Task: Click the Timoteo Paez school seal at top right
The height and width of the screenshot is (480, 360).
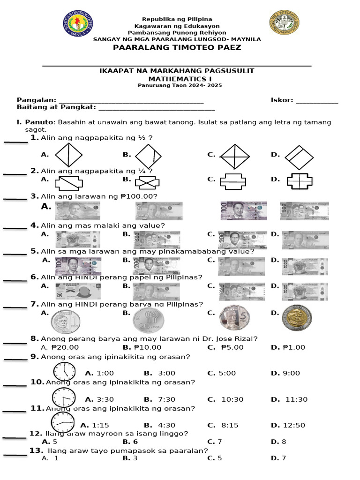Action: pyautogui.click(x=284, y=22)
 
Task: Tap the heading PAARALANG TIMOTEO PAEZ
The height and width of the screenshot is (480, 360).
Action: pyautogui.click(x=177, y=48)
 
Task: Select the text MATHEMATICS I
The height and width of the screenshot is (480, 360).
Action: pyautogui.click(x=177, y=79)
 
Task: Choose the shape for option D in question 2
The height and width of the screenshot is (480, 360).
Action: pyautogui.click(x=300, y=181)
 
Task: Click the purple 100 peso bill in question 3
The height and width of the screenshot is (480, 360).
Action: pyautogui.click(x=243, y=210)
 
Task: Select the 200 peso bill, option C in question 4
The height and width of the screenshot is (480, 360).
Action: pyautogui.click(x=242, y=240)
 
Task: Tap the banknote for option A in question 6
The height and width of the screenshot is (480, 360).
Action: pyautogui.click(x=78, y=291)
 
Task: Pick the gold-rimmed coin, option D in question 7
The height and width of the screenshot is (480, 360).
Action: pyautogui.click(x=297, y=319)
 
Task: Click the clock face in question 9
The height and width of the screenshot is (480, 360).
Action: pyautogui.click(x=64, y=372)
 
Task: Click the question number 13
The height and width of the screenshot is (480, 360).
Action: pyautogui.click(x=36, y=450)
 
